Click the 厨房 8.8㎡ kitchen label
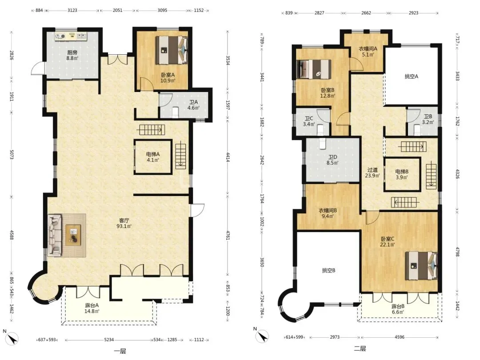point(72,55)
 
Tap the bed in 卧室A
point(172,50)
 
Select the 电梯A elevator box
point(153,157)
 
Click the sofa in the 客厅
point(55,235)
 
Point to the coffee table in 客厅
point(73,235)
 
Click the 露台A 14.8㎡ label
point(92,308)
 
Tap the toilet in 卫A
point(176,112)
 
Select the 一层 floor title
point(120,351)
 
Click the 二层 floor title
point(360,349)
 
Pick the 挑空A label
point(411,76)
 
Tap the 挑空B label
point(328,271)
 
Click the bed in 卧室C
point(421,266)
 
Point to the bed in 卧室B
point(314,69)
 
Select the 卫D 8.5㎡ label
point(332,160)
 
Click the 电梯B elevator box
point(402,175)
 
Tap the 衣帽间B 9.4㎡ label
point(328,213)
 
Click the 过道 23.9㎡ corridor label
point(372,172)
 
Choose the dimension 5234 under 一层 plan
point(109,340)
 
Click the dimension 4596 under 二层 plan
point(400,337)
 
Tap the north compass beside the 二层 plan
point(262,336)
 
